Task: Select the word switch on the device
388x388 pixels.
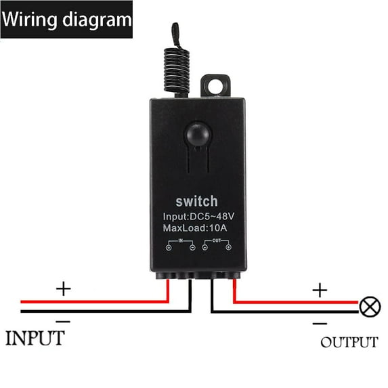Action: (x=197, y=201)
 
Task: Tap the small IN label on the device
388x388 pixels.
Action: (x=179, y=240)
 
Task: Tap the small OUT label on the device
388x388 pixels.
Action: (x=216, y=240)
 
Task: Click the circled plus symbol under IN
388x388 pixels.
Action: (x=167, y=248)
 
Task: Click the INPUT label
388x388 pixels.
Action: (x=35, y=337)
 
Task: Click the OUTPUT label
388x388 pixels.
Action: (x=349, y=342)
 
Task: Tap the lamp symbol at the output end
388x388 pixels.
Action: (x=369, y=307)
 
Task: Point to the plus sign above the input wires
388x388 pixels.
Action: (x=63, y=289)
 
